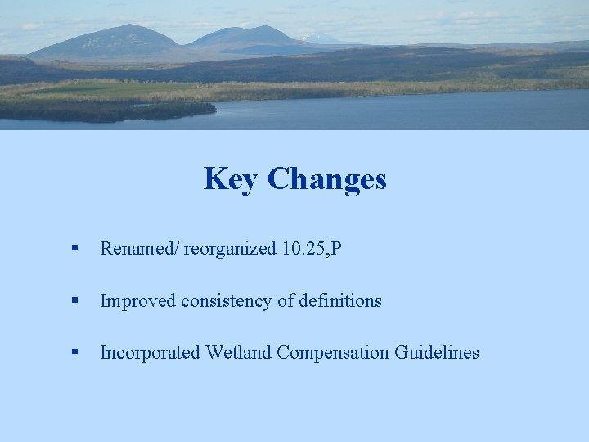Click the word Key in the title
[230, 178]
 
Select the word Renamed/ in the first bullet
[139, 249]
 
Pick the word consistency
[223, 301]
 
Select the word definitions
[340, 301]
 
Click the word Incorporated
[151, 353]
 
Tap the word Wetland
[239, 353]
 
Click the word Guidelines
[437, 353]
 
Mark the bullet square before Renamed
[74, 249]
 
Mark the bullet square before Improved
[74, 301]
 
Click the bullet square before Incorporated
[74, 353]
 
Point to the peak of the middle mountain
[259, 28]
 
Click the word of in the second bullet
[286, 301]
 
